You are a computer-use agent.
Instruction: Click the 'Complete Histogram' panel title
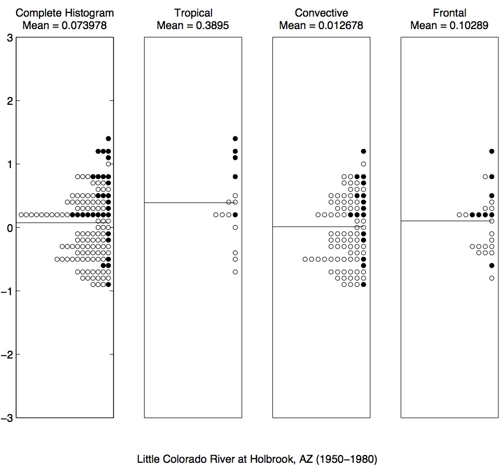(x=65, y=13)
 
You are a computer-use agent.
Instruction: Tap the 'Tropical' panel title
(x=193, y=13)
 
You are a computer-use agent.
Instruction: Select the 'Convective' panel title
(x=321, y=13)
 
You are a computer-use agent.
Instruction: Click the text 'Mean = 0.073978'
(x=65, y=25)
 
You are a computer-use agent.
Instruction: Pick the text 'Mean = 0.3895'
(x=193, y=25)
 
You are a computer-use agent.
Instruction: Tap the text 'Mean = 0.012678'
(x=321, y=25)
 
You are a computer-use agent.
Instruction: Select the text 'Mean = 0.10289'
(x=450, y=25)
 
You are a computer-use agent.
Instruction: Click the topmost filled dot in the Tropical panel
(x=235, y=139)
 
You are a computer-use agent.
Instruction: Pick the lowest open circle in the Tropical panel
(x=235, y=272)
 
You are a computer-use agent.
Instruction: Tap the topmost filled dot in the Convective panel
(x=364, y=152)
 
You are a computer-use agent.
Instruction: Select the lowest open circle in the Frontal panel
(x=492, y=278)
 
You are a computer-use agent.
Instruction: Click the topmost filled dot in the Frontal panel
(x=492, y=152)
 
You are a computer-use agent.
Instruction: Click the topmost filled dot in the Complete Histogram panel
(x=108, y=139)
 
